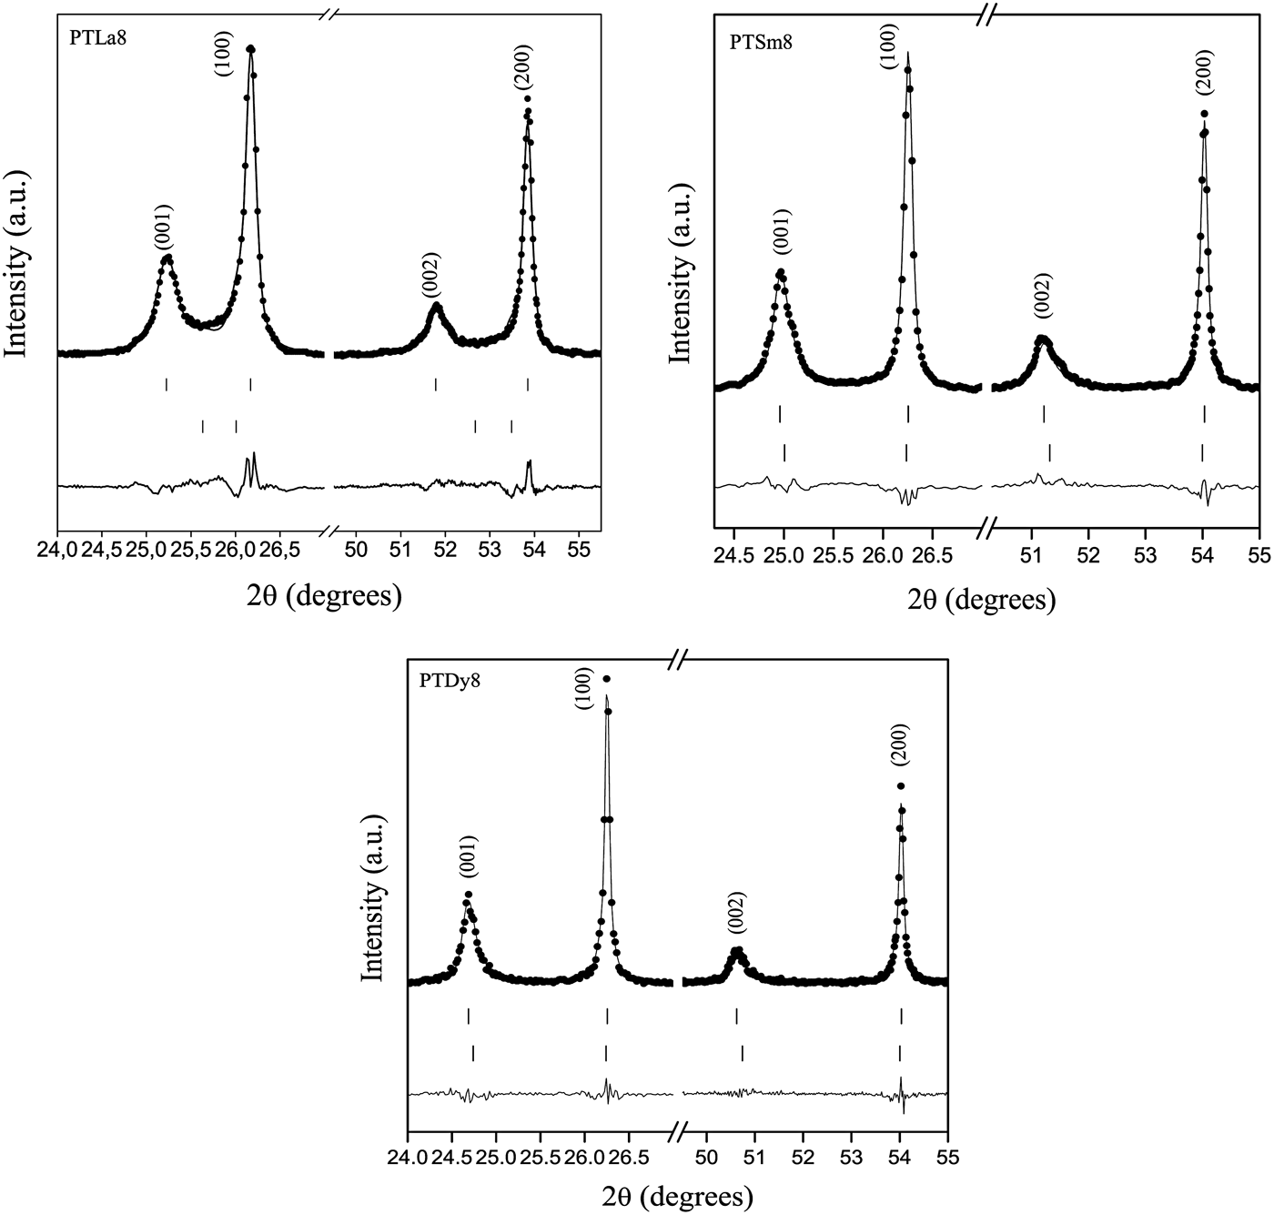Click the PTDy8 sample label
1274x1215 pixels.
450,679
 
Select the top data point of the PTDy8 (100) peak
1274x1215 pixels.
607,678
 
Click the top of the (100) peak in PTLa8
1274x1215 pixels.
250,49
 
